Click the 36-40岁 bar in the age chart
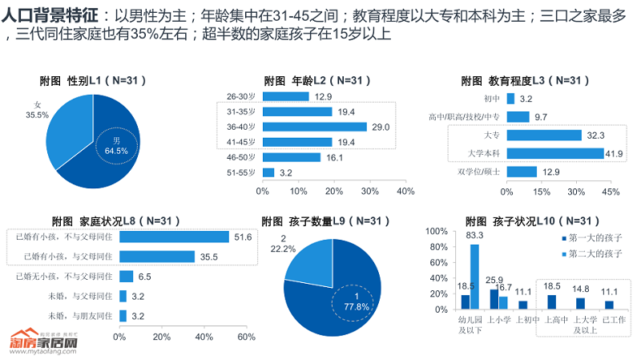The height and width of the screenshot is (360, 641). [314, 127]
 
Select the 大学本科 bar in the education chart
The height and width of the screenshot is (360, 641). [555, 153]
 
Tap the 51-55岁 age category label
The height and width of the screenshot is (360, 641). [240, 172]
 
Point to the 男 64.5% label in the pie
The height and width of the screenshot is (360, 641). [116, 145]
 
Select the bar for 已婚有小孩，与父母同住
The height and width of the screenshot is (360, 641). [157, 257]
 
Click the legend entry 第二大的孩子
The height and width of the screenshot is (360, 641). [593, 253]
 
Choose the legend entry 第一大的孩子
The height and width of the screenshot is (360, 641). [593, 238]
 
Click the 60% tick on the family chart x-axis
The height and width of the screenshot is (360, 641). [246, 337]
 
